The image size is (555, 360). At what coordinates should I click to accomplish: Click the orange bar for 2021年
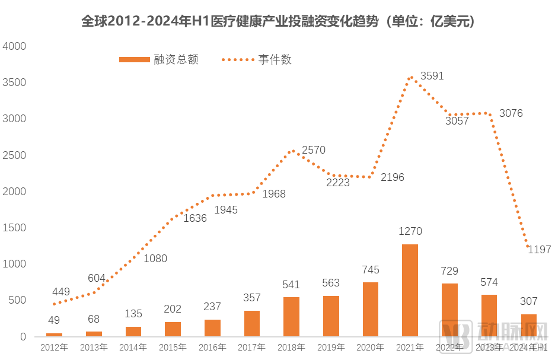[410, 290]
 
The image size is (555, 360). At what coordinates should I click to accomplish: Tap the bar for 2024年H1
[529, 325]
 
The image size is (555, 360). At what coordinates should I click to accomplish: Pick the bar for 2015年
[173, 329]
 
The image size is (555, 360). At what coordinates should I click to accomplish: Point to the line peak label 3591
[432, 76]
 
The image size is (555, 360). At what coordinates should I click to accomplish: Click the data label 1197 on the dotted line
[540, 250]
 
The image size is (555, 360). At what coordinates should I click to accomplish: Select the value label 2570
[314, 150]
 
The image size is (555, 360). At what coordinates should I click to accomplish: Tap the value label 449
[61, 292]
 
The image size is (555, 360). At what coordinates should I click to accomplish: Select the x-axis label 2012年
[54, 347]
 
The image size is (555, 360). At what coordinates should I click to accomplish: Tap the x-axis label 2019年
[331, 347]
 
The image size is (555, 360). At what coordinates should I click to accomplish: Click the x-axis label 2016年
[212, 347]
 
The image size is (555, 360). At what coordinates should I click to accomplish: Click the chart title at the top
[277, 21]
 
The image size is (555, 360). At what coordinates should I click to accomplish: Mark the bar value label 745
[370, 270]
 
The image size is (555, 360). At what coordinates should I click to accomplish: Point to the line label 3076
[511, 113]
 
